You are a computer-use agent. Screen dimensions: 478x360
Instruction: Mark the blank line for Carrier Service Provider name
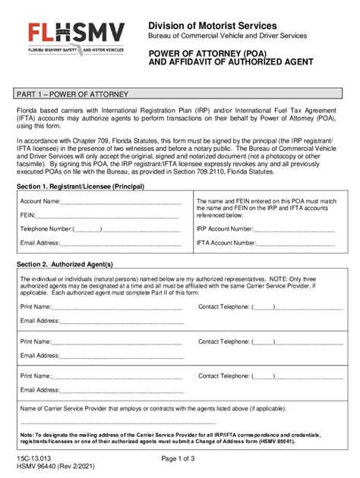point(118,422)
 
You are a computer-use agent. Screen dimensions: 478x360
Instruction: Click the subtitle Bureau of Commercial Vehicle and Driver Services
point(227,36)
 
